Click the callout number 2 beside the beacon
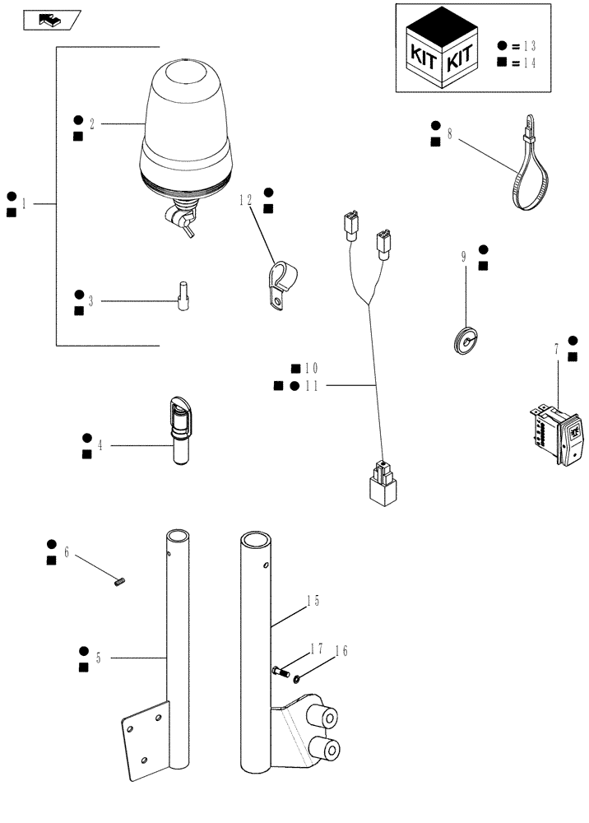point(92,124)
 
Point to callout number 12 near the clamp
point(245,199)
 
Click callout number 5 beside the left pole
point(99,658)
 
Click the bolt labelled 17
point(279,672)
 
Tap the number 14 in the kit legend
point(529,63)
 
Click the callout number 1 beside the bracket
point(25,204)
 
